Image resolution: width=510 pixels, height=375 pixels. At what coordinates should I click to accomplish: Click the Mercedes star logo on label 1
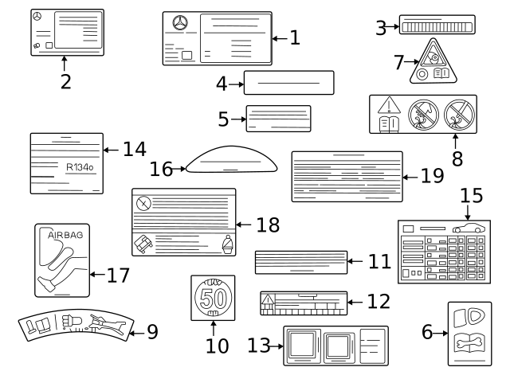tap(180, 24)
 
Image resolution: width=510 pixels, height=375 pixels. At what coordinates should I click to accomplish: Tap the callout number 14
tap(135, 149)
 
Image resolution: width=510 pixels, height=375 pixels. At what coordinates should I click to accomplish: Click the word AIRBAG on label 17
tap(65, 236)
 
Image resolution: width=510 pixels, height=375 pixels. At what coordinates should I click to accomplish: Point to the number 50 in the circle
tap(213, 300)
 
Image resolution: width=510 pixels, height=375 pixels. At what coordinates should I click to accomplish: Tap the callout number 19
tap(431, 176)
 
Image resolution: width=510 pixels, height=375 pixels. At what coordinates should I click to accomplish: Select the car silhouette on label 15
tap(472, 227)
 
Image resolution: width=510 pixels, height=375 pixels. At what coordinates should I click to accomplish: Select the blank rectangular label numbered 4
tap(288, 82)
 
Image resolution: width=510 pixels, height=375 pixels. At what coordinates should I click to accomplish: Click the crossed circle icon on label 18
tap(143, 203)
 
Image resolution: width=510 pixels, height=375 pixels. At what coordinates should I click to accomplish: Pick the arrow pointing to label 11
tap(357, 260)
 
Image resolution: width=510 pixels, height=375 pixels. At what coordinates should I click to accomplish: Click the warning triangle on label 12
tap(268, 301)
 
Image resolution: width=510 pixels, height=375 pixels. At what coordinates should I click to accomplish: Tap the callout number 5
tap(224, 119)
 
